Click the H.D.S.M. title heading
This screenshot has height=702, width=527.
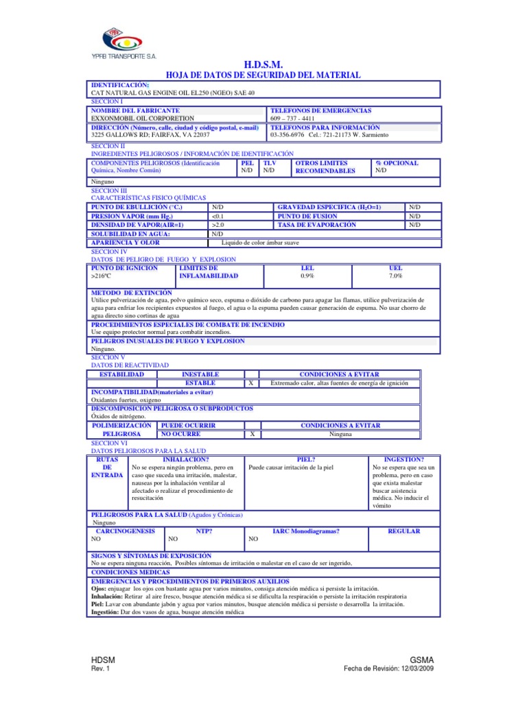[263, 64]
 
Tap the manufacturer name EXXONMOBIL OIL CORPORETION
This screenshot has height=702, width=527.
[138, 118]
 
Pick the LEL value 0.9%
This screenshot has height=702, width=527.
[307, 276]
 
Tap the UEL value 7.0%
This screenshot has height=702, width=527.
[395, 276]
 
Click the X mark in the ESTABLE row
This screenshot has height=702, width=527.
[252, 383]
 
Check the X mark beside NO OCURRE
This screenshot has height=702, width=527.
[252, 434]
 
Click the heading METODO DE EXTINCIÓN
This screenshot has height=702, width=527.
[132, 292]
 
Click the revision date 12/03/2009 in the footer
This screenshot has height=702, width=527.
[417, 669]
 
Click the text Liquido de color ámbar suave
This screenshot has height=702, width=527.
[260, 242]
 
